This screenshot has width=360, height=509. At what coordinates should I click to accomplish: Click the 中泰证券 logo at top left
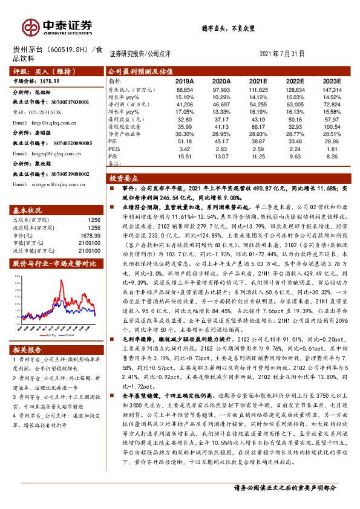(x=57, y=26)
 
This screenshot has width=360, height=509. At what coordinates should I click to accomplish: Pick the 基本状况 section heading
(x=27, y=210)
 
